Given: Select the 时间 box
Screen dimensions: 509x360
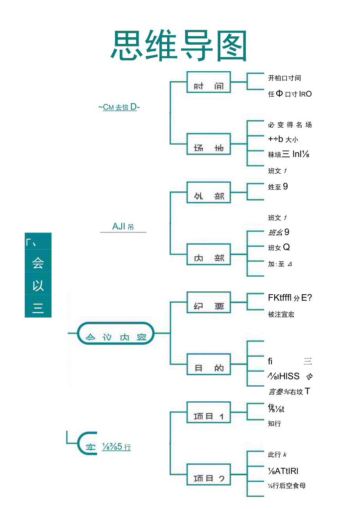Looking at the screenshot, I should point(208,82).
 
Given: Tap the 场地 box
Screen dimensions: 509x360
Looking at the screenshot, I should point(208,144).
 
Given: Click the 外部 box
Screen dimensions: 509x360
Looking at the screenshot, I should point(208,192).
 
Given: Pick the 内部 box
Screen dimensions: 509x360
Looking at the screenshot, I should point(208,254).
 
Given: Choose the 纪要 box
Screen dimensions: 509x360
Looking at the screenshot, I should point(208,302).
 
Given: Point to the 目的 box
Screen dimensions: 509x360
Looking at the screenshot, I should point(208,364).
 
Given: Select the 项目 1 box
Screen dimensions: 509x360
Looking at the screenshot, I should point(208,412).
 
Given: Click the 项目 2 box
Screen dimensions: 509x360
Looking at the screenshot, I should point(208,474).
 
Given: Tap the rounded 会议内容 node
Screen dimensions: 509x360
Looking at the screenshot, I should point(116,333).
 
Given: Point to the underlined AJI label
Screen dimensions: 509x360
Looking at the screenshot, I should point(123,227).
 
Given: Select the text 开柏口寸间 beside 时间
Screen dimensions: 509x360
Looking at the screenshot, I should point(284,78).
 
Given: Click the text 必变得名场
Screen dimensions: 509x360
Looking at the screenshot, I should point(290,125).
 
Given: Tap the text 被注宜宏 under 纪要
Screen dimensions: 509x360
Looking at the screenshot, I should point(281,314).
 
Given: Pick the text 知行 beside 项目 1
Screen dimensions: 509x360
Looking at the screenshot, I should point(274,423).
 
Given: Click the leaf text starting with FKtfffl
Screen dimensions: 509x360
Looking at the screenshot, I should point(290,298).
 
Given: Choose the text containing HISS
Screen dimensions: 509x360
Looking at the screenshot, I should point(290,376).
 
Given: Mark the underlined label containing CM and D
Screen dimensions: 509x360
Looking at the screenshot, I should point(119,107).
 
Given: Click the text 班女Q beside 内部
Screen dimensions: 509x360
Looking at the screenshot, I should point(279,248).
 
